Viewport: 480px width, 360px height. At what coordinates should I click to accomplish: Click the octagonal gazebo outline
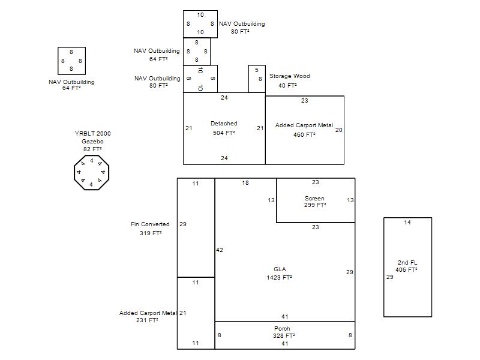(x=74, y=173)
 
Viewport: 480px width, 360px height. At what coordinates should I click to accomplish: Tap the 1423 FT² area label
(x=279, y=277)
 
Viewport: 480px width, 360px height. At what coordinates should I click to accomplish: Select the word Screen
(x=314, y=199)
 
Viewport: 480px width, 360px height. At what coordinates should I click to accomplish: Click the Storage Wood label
(x=290, y=76)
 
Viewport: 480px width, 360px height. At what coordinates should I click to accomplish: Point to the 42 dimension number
(x=220, y=250)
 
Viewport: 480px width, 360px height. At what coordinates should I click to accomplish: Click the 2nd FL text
(x=407, y=262)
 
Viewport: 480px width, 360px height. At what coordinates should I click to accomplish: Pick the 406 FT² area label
(x=406, y=269)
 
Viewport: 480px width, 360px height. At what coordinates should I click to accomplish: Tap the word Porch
(x=282, y=328)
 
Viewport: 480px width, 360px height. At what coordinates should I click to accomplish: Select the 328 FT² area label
(x=284, y=335)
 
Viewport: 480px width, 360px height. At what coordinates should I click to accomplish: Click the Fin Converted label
(x=150, y=224)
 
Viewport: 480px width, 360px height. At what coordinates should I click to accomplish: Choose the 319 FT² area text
(x=151, y=233)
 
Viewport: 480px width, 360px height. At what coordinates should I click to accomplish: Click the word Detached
(x=224, y=124)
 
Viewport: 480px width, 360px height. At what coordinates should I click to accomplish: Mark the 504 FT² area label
(x=224, y=133)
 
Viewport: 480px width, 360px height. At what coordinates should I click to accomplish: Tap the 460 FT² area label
(x=304, y=134)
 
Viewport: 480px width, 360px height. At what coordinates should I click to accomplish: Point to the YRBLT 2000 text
(x=93, y=133)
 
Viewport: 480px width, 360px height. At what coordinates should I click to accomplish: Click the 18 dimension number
(x=245, y=183)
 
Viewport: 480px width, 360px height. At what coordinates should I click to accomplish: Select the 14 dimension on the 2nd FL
(x=407, y=222)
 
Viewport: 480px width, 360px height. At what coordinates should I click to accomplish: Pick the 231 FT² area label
(x=147, y=320)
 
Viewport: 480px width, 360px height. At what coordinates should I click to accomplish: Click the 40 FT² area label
(x=287, y=85)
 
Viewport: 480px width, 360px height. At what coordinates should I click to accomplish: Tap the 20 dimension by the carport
(x=338, y=130)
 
